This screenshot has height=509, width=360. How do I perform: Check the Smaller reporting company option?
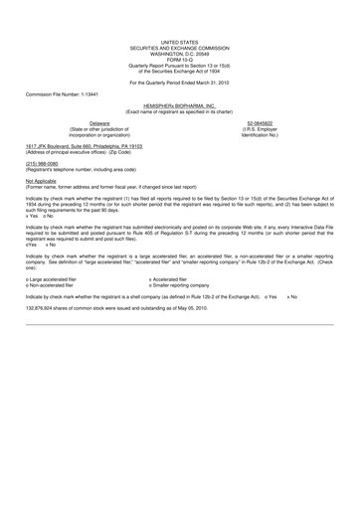tap(183, 286)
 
